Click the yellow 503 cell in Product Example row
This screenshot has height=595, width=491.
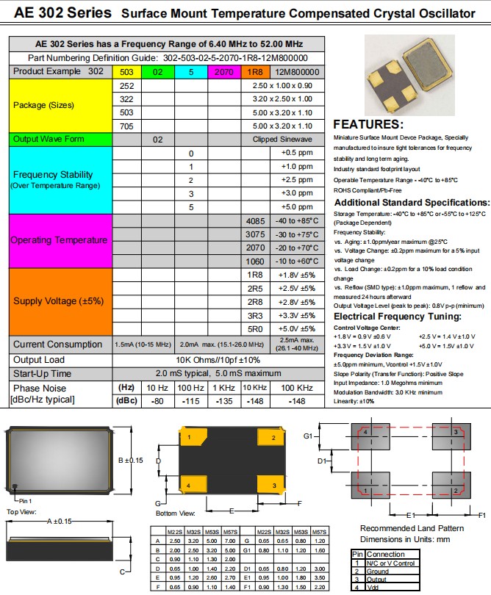(126, 72)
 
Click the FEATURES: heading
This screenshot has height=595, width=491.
(368, 124)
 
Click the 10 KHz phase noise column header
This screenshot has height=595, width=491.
(254, 387)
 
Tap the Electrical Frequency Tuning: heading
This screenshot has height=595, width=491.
(398, 317)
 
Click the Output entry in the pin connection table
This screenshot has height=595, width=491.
(377, 579)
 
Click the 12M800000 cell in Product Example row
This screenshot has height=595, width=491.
(297, 72)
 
